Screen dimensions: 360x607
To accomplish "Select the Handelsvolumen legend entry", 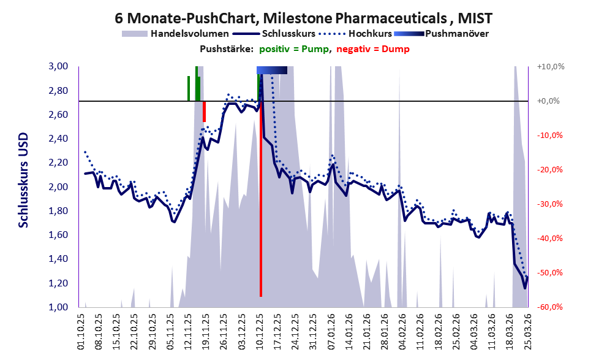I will pos(176,33).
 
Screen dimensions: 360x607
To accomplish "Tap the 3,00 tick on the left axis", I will pos(62,66).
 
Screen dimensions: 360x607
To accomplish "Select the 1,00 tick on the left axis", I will pos(62,307).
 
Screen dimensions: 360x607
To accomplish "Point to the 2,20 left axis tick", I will pos(62,163).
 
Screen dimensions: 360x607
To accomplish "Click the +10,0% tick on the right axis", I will pos(551,66).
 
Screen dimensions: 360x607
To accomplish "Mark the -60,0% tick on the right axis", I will pos(551,307).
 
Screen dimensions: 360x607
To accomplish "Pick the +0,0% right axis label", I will pos(551,101).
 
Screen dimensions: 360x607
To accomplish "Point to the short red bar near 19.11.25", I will pos(204,111).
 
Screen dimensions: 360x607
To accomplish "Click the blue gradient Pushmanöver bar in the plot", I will pos(272,71).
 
